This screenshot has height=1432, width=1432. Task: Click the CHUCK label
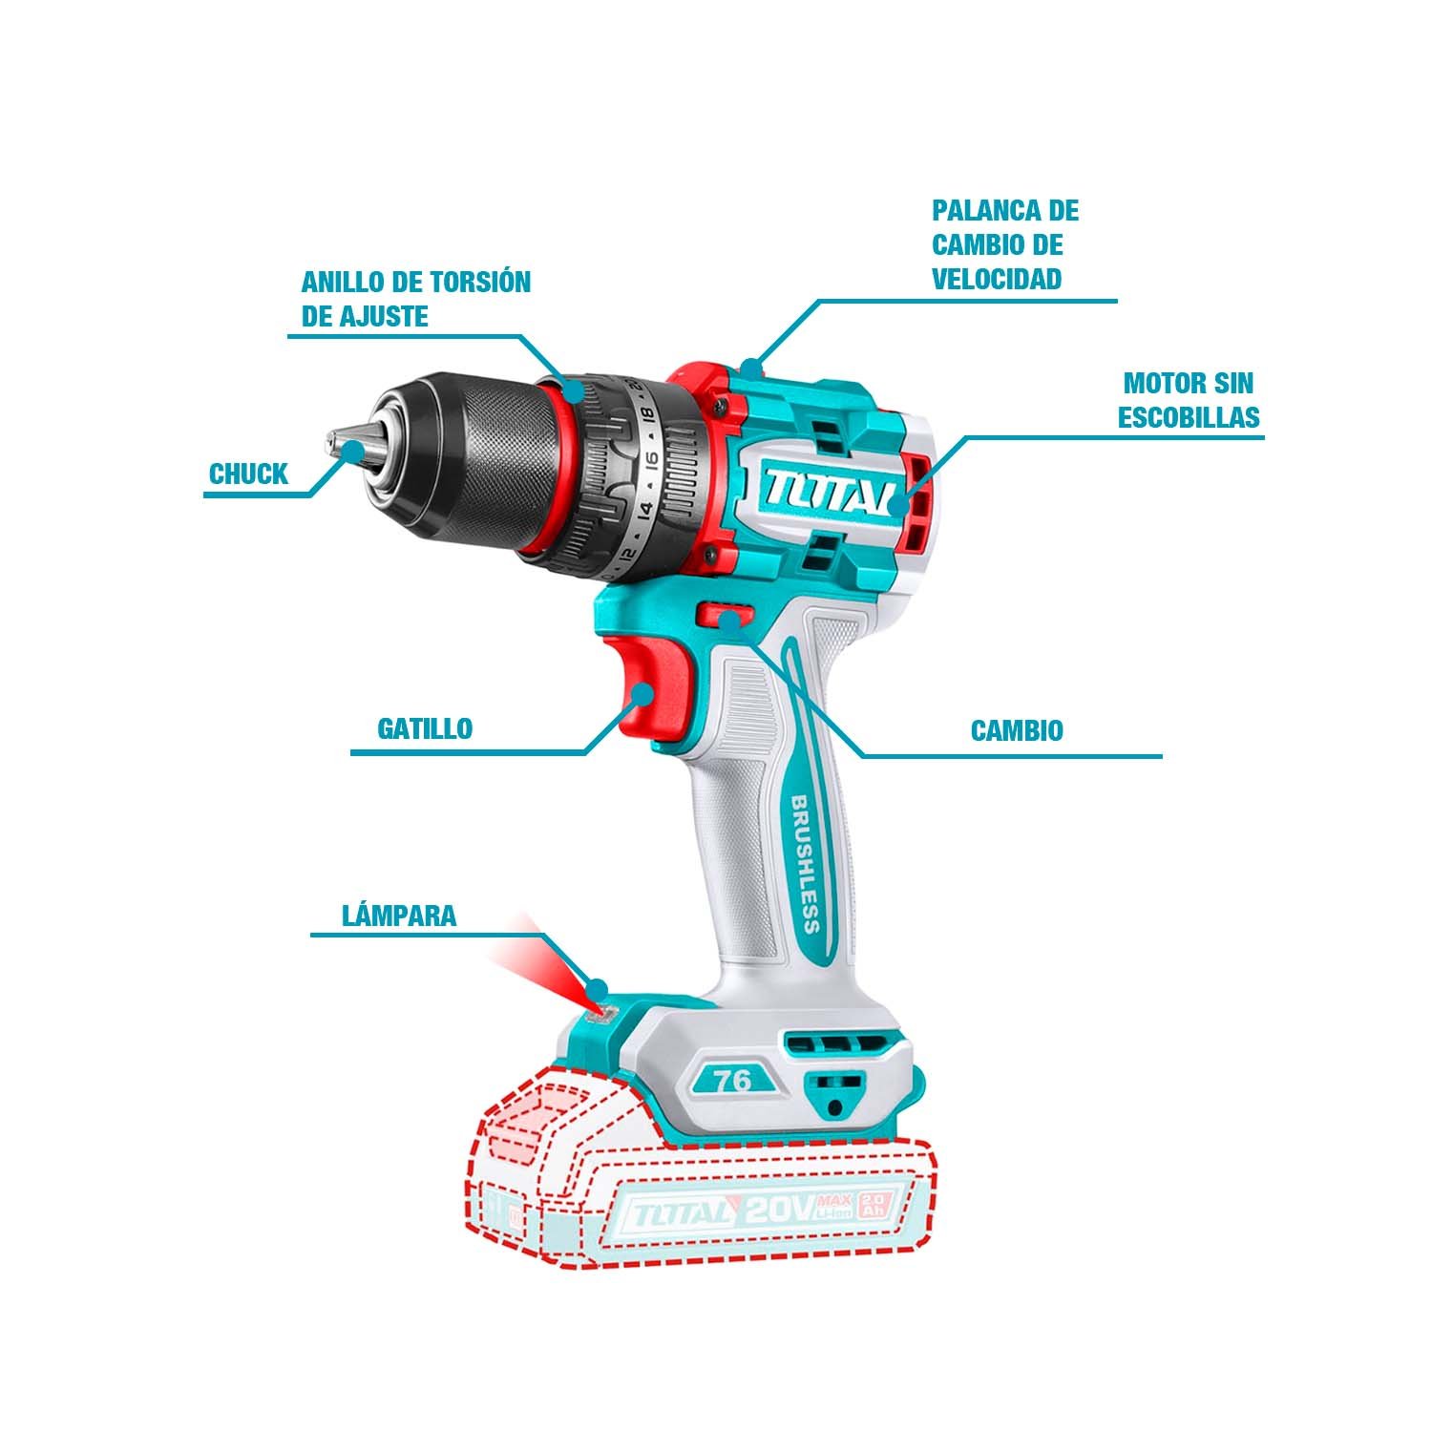[248, 474]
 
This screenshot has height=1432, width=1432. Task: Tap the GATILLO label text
[425, 728]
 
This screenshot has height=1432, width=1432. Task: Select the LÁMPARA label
[399, 916]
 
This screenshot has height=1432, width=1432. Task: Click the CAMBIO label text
[1017, 731]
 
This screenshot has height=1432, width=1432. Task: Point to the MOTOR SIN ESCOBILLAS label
[1189, 401]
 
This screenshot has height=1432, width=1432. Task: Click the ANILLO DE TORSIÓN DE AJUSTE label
[415, 299]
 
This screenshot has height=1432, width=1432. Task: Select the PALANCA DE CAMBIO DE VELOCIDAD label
[1005, 244]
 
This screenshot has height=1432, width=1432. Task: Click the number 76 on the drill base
[731, 1080]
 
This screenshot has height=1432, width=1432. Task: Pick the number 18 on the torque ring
[648, 415]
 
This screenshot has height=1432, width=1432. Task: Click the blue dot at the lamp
[600, 987]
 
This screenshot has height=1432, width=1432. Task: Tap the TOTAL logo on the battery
[677, 1214]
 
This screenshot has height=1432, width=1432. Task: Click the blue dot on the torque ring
[574, 390]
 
